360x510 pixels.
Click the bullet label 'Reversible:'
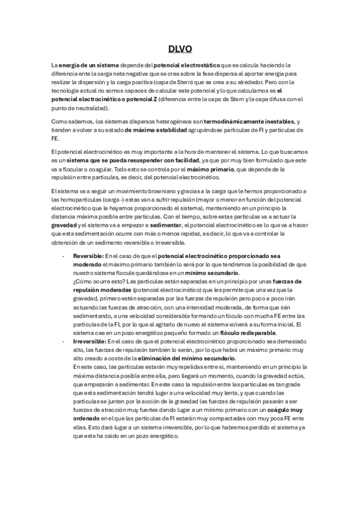(87, 256)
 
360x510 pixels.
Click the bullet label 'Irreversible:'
(89, 342)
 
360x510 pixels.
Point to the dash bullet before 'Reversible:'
(63, 256)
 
